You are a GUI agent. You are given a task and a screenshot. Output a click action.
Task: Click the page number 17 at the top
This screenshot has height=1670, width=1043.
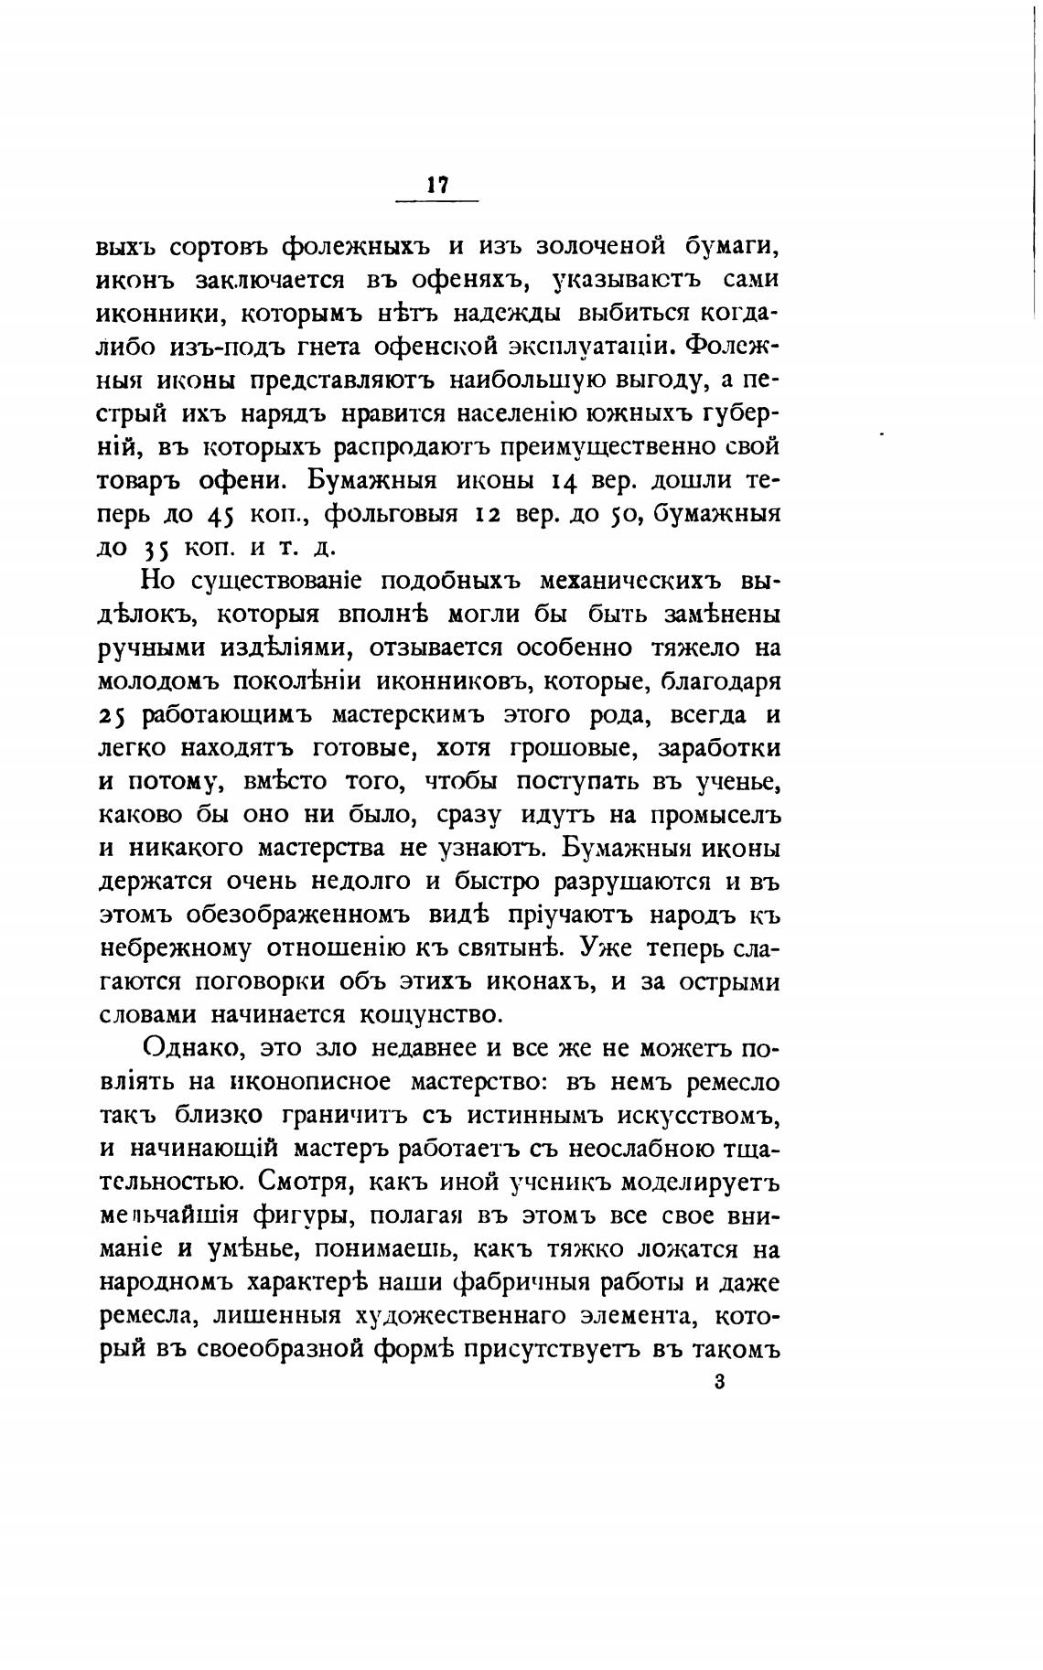point(436,185)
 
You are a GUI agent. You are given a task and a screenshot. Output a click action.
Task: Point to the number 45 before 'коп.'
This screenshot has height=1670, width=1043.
point(222,515)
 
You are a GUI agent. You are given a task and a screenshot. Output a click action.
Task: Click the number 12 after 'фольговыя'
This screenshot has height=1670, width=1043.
point(486,515)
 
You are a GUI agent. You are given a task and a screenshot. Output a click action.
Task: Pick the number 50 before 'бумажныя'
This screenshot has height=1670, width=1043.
point(627,515)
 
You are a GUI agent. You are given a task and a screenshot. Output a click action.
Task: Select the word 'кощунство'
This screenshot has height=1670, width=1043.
point(428,1014)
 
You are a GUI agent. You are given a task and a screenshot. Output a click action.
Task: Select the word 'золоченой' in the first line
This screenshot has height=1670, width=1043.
point(598,248)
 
